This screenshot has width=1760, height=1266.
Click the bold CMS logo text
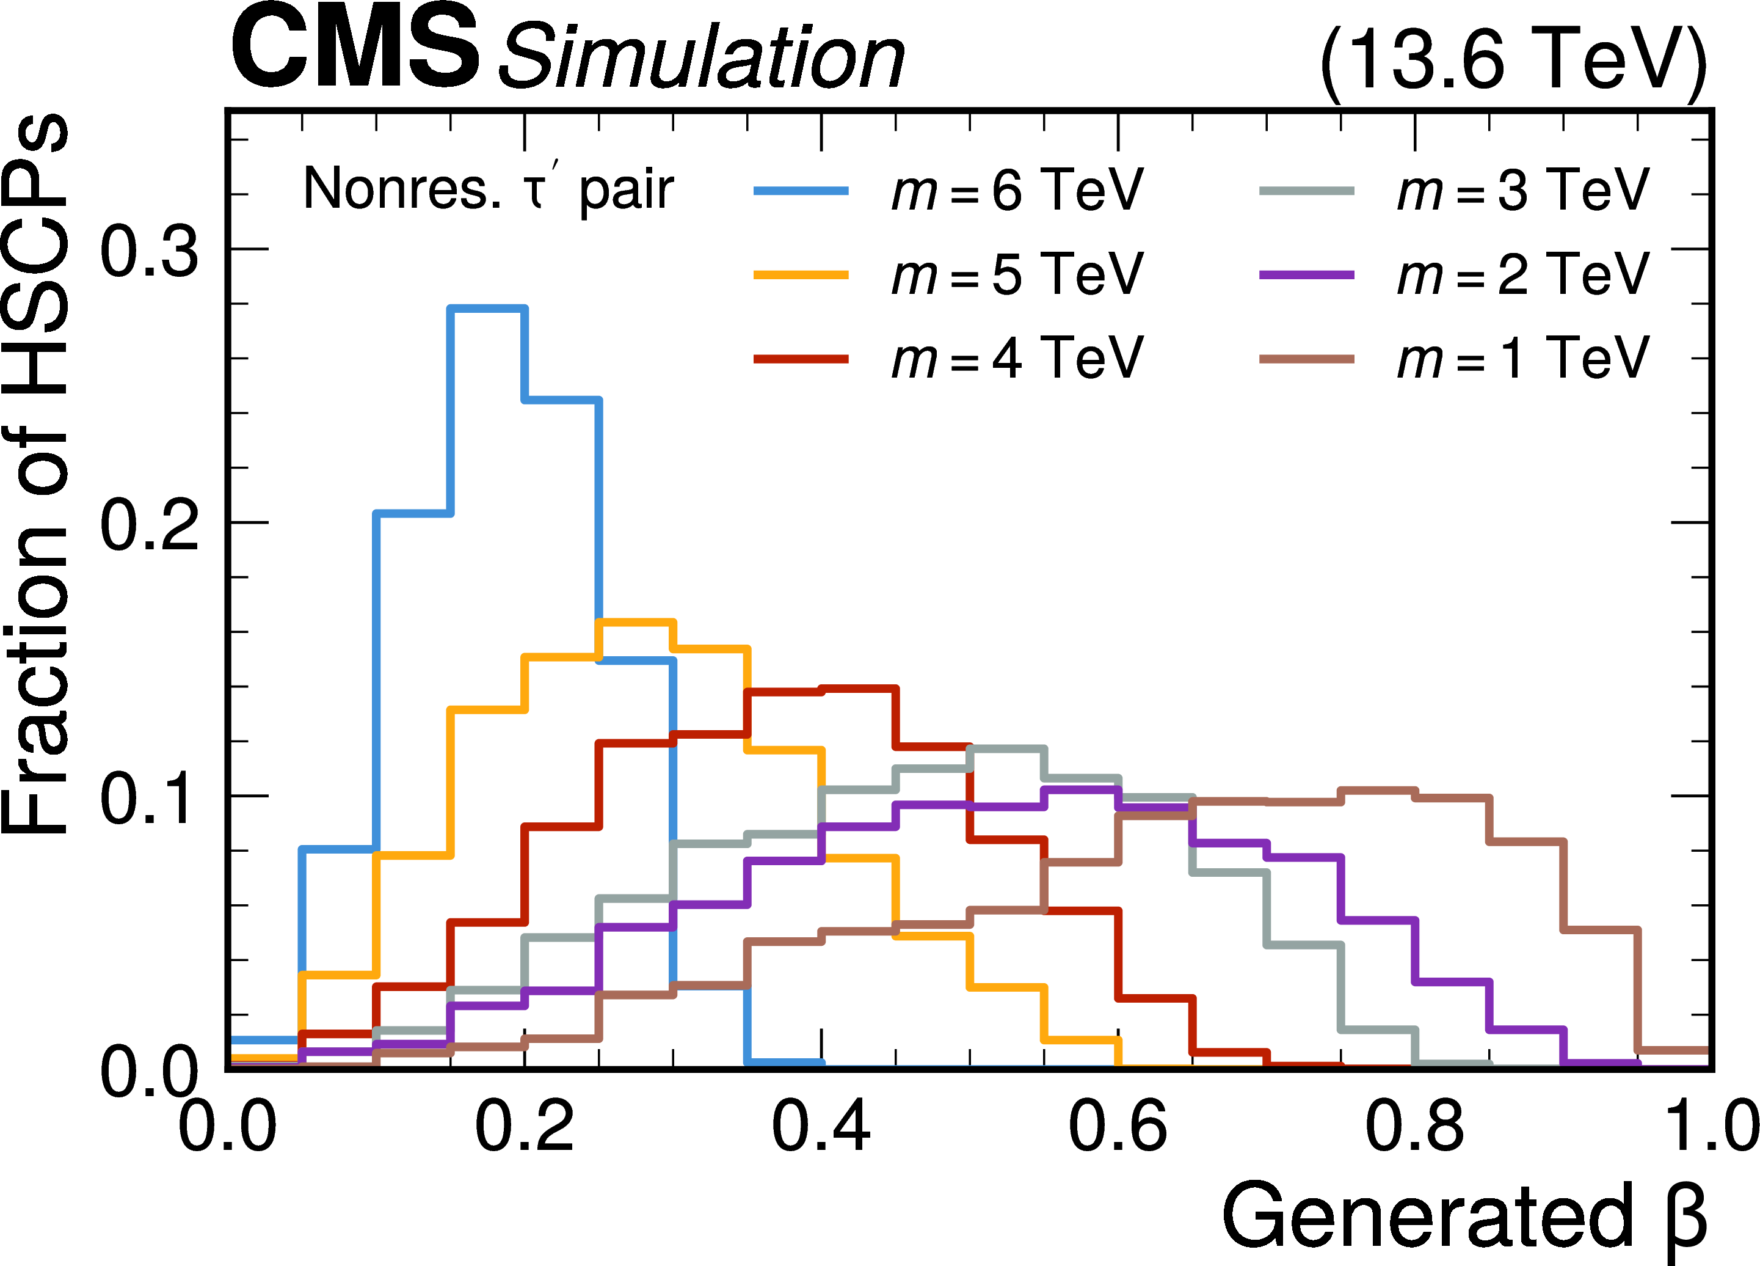click(355, 48)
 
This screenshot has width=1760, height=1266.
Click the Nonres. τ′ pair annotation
click(488, 189)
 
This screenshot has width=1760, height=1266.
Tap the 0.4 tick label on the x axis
click(820, 1126)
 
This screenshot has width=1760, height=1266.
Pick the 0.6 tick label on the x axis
click(1118, 1126)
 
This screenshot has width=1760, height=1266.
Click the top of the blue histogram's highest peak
click(488, 309)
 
